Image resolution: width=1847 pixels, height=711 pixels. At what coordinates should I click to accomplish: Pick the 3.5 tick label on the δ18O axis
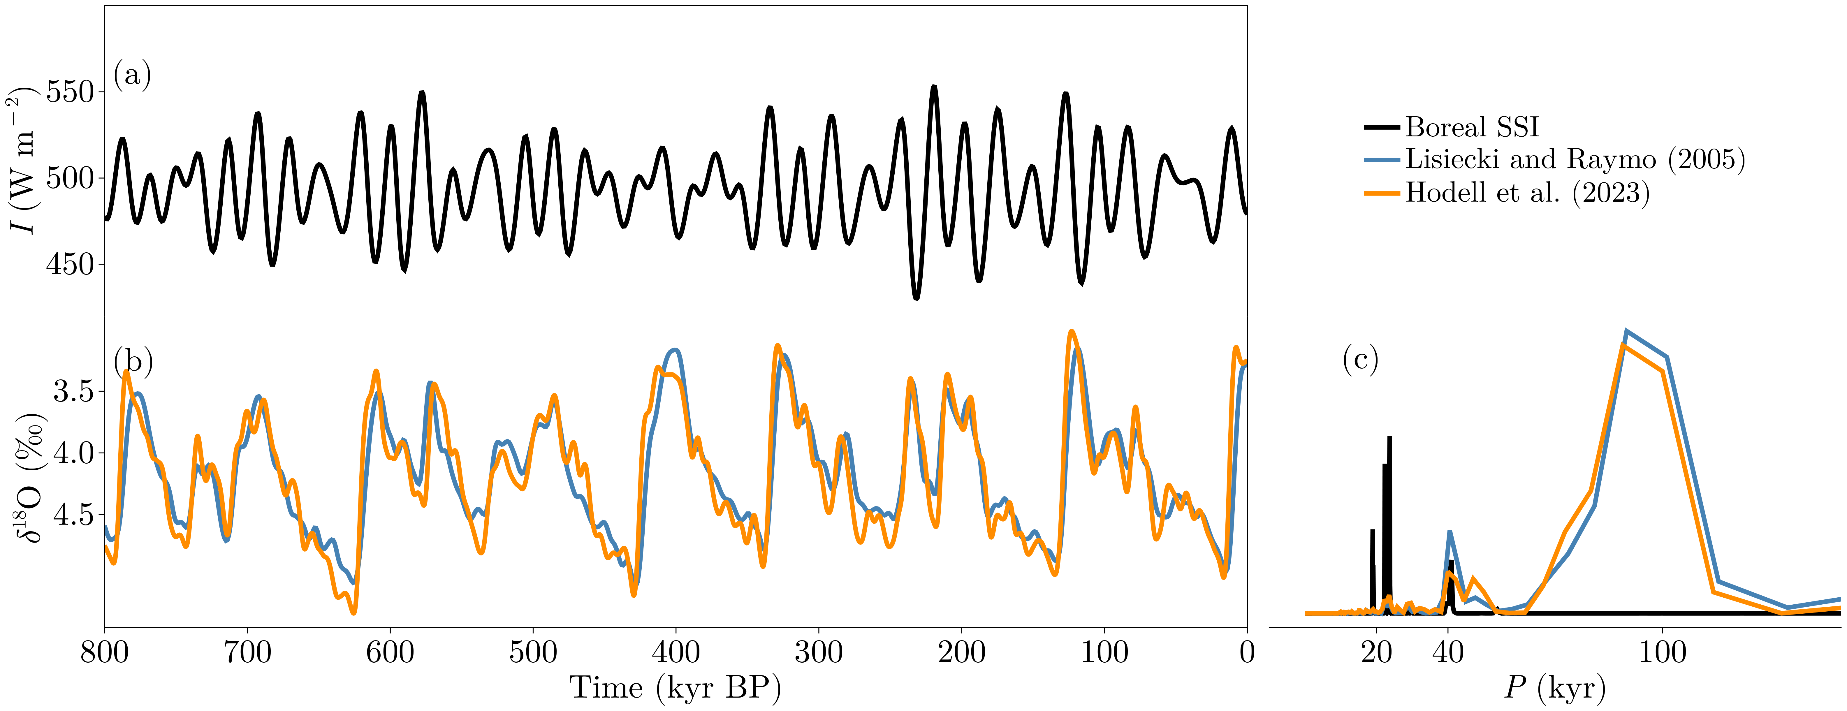click(x=74, y=392)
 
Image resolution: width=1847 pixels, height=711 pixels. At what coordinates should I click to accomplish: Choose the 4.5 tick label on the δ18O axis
click(x=74, y=515)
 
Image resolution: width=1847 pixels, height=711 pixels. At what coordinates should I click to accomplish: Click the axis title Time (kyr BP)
click(x=676, y=688)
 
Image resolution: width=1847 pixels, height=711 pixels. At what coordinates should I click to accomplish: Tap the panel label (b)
click(x=133, y=362)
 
